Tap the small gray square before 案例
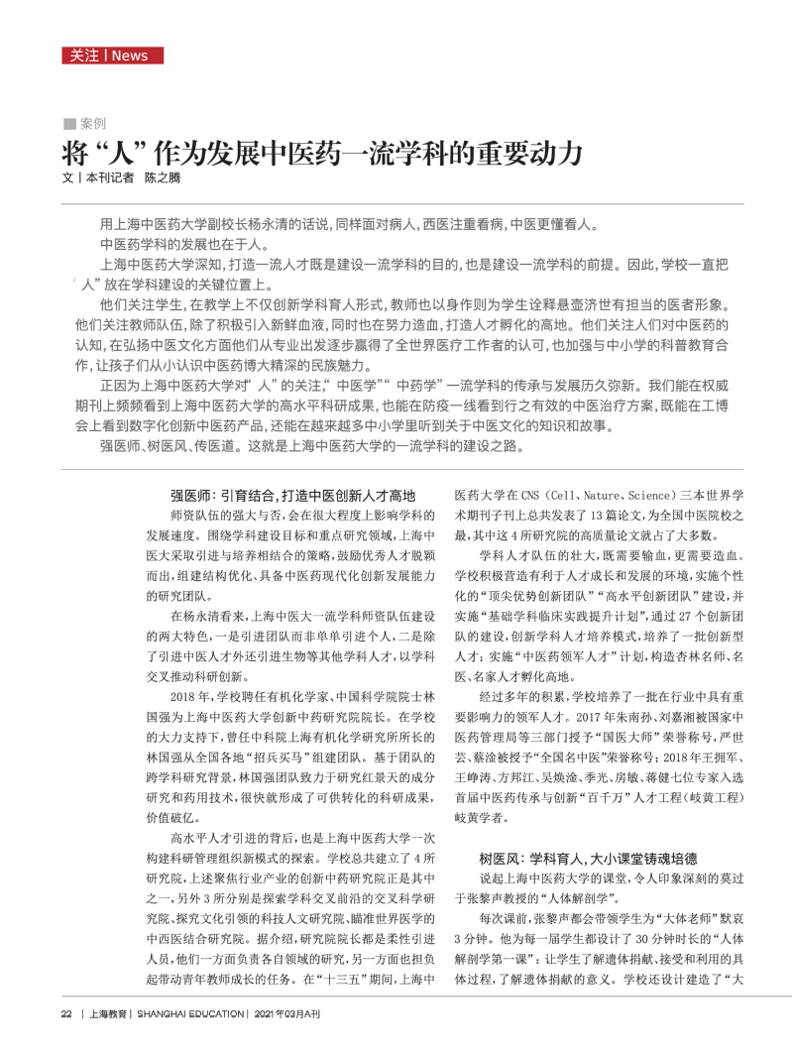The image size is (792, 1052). pos(68,124)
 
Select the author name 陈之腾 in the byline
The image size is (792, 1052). pos(163,178)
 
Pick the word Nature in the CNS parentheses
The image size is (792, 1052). pos(601,495)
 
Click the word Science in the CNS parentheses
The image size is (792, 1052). pos(653,495)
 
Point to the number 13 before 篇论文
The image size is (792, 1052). pos(592,517)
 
